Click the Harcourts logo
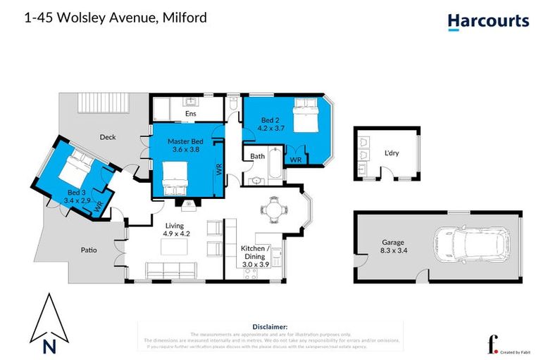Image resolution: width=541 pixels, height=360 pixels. pyautogui.click(x=488, y=21)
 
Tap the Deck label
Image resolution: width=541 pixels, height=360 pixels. pyautogui.click(x=107, y=137)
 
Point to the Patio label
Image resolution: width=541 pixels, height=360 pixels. pyautogui.click(x=88, y=250)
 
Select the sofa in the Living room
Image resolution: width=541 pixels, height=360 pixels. pyautogui.click(x=169, y=270)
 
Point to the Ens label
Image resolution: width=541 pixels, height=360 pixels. pyautogui.click(x=190, y=113)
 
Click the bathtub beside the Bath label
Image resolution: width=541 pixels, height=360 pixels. pyautogui.click(x=270, y=165)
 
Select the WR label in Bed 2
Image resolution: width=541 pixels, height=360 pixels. pyautogui.click(x=296, y=160)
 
